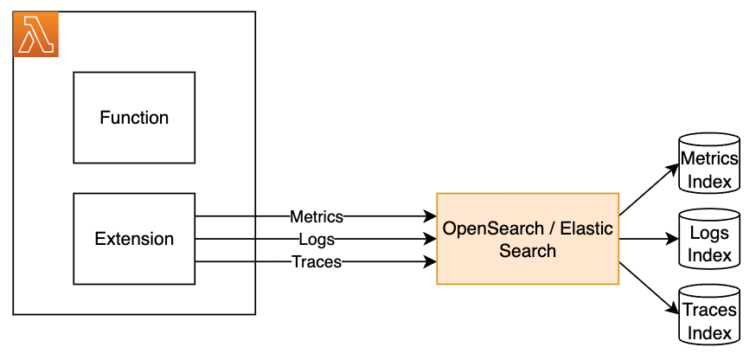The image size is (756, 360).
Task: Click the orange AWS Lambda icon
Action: (x=35, y=35)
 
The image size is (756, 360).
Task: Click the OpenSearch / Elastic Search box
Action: (x=528, y=239)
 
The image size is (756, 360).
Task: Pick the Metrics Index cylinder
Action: (x=709, y=162)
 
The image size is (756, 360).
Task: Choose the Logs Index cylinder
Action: (x=709, y=238)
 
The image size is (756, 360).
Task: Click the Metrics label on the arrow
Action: (x=316, y=216)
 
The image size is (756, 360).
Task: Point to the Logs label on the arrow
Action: (x=316, y=239)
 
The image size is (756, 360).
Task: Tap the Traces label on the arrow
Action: (x=316, y=261)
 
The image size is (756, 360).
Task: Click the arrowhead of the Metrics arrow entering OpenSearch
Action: (x=431, y=216)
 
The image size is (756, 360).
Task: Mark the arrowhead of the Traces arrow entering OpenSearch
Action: (x=431, y=261)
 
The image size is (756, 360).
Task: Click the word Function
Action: (x=134, y=118)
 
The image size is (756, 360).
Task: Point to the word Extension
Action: (x=134, y=239)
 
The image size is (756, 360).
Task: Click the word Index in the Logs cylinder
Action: (x=709, y=255)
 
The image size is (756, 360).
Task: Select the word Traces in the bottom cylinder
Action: (x=709, y=311)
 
